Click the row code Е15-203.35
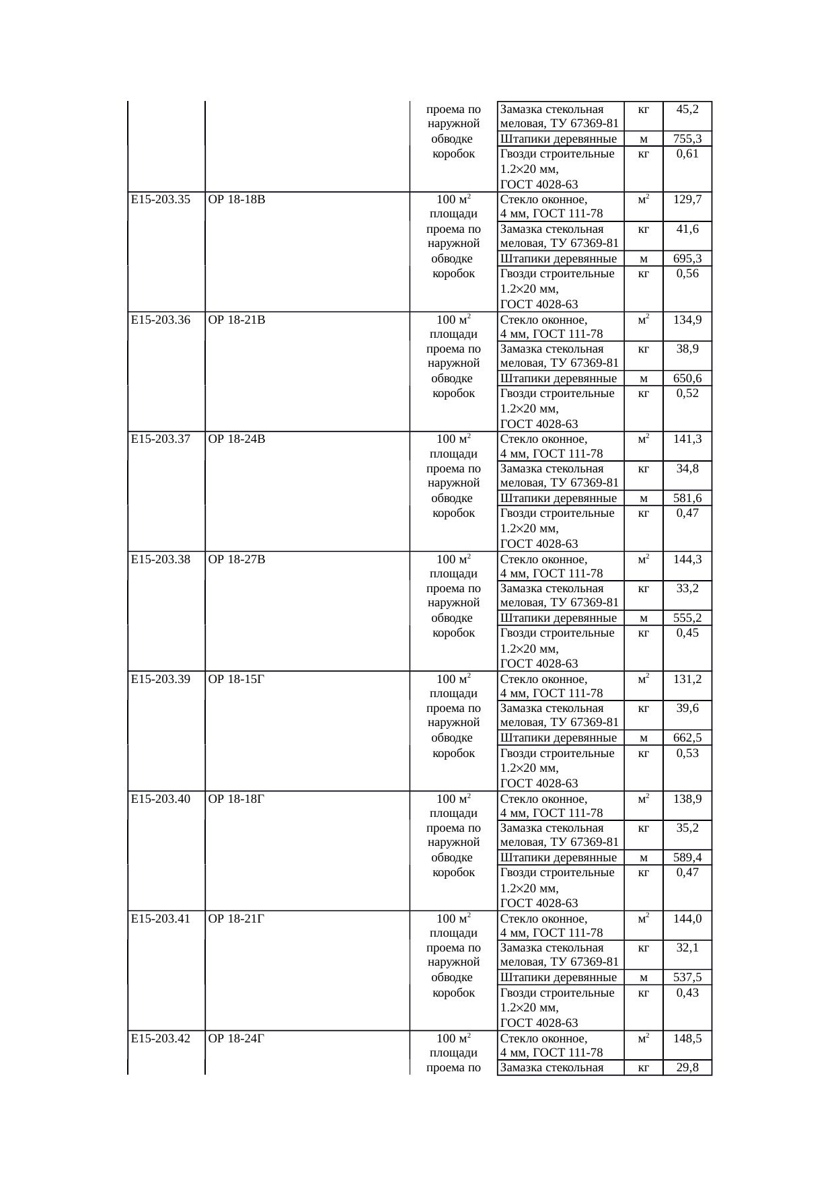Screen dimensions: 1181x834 coord(161,199)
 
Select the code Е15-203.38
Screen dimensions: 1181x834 coord(161,559)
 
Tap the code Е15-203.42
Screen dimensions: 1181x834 coord(161,1038)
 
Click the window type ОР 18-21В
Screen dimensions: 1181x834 coord(237,320)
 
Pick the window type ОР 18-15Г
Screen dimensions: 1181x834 coord(237,679)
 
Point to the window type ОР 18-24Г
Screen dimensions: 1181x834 coord(237,1038)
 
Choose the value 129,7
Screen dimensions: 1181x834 coord(687,199)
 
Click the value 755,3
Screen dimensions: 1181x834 coord(687,139)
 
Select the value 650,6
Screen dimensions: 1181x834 coord(687,378)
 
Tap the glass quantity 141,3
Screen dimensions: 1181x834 coord(687,439)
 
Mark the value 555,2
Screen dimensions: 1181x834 coord(687,618)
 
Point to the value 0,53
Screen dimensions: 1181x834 coord(687,753)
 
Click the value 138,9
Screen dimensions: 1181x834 coord(687,799)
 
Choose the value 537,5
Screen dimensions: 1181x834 coord(687,977)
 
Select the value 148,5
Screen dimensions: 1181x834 coord(687,1038)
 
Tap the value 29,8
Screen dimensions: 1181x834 coord(687,1067)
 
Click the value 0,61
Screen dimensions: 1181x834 coord(687,153)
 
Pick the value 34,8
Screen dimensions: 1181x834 coord(687,468)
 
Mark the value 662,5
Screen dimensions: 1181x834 coord(687,738)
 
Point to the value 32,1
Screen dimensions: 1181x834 coord(687,947)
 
